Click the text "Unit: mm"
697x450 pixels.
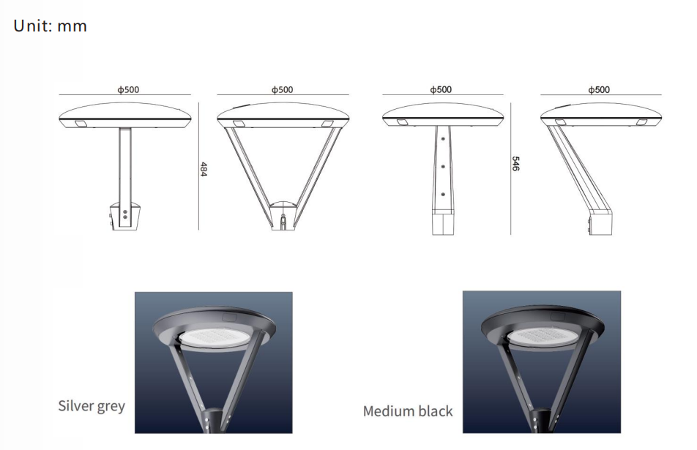51,26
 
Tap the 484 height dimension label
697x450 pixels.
204,169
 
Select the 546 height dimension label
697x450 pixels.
515,163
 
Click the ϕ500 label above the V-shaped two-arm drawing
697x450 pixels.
283,90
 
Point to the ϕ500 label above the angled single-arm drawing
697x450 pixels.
599,90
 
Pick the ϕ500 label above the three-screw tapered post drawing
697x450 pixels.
441,90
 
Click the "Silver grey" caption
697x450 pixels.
92,406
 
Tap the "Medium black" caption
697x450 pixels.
408,411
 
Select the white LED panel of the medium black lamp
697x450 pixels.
543,337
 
